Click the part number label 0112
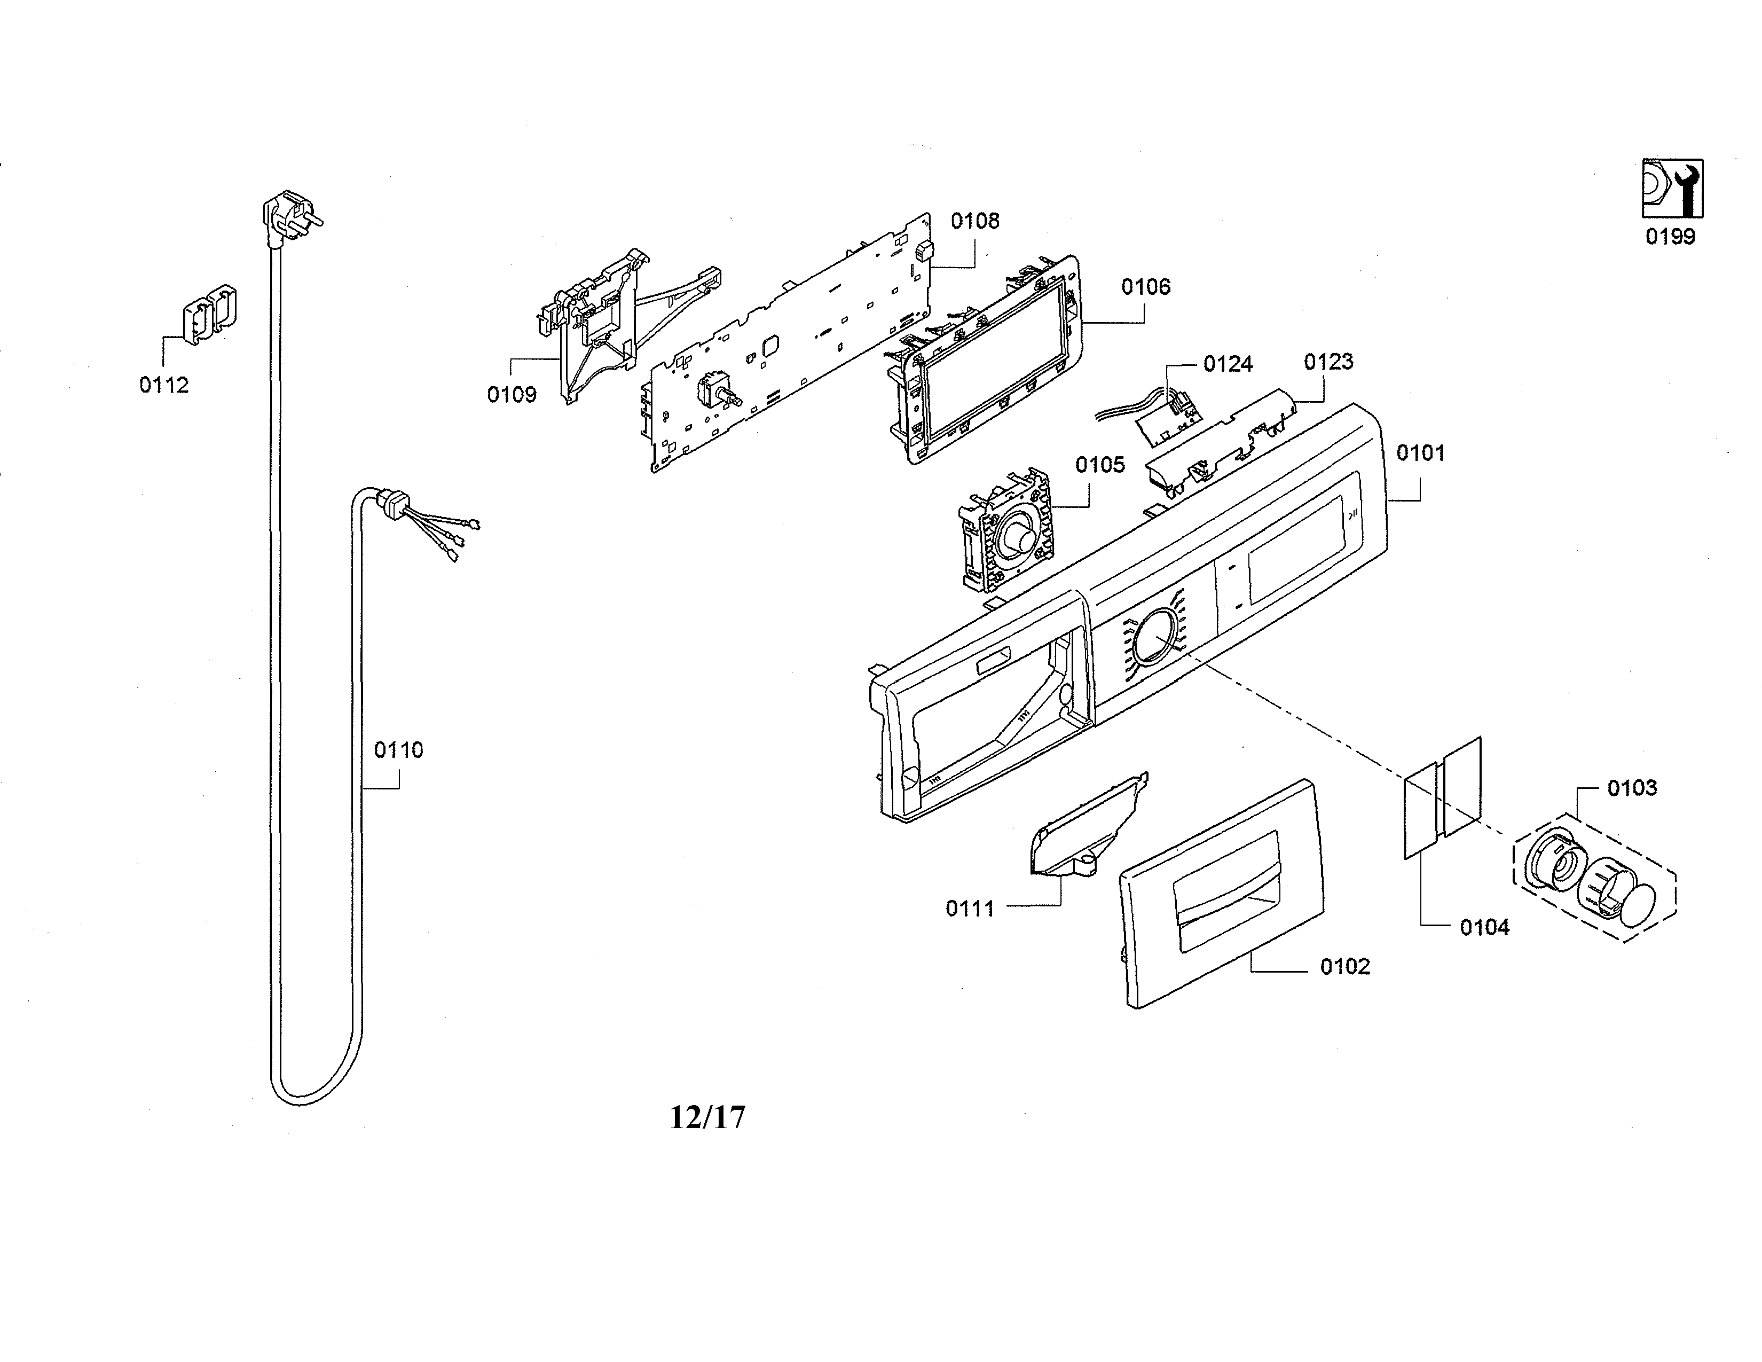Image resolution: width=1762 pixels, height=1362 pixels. pyautogui.click(x=164, y=386)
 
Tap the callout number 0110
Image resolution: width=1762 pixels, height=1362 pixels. pyautogui.click(x=398, y=750)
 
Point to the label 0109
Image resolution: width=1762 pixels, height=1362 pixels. pyautogui.click(x=512, y=395)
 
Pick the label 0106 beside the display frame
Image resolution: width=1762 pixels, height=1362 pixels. pyautogui.click(x=1146, y=286)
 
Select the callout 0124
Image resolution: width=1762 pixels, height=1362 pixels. pyautogui.click(x=1228, y=364)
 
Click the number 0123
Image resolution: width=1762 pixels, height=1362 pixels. pyautogui.click(x=1328, y=362)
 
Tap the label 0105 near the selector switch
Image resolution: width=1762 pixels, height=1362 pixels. pyautogui.click(x=1099, y=465)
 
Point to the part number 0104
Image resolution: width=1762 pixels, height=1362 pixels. pyautogui.click(x=1484, y=928)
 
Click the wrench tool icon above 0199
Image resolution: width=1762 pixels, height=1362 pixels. pyautogui.click(x=1672, y=188)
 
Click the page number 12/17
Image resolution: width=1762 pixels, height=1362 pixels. pyautogui.click(x=707, y=1117)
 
